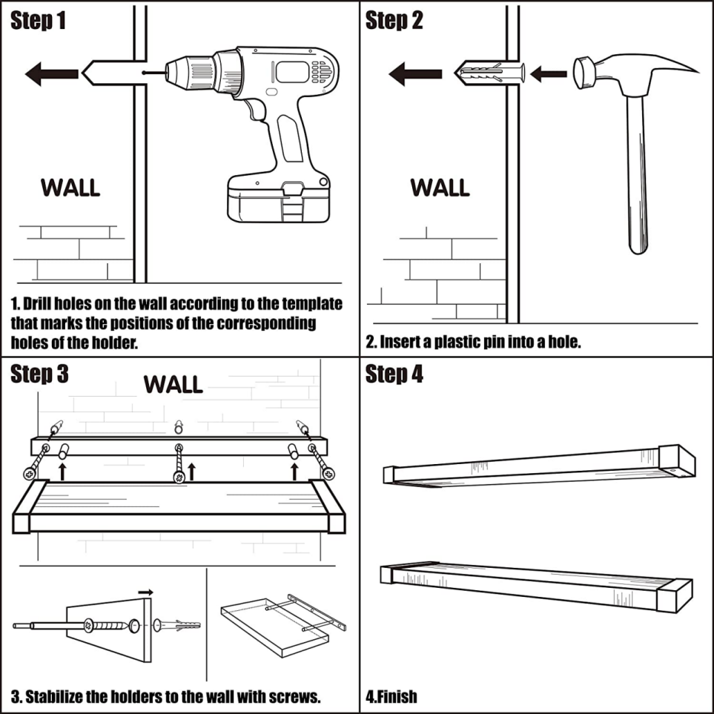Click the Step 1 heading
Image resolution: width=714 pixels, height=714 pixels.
point(38,21)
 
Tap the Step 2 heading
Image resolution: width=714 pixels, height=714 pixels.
point(394,21)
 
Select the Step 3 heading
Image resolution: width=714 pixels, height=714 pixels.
point(39,374)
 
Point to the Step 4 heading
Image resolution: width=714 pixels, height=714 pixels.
point(394,374)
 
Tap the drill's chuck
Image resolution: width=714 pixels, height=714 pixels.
point(189,72)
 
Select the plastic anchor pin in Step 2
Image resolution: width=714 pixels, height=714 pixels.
point(490,73)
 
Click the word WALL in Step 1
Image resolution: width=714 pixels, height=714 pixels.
point(70,188)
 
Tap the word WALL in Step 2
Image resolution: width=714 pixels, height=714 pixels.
point(440,188)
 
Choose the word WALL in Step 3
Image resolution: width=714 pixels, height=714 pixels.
point(173,384)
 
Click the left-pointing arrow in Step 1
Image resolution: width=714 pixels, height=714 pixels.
point(51,73)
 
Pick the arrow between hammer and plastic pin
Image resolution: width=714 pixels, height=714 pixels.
point(548,73)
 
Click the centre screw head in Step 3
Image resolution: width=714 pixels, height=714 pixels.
point(179,477)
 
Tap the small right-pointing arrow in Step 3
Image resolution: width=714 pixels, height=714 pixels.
point(146,592)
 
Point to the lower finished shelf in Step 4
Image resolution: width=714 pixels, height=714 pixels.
point(536,586)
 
